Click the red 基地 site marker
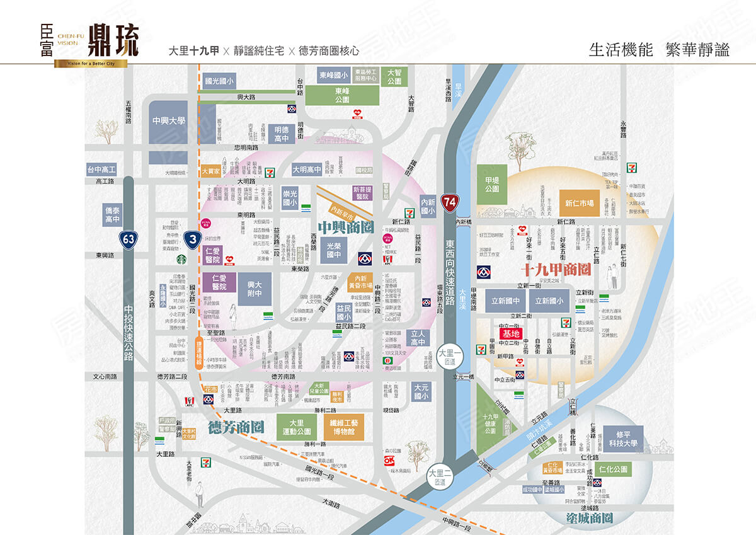[510, 333]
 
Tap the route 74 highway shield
[449, 202]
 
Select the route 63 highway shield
[129, 239]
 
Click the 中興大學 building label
[169, 120]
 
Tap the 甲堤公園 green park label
[492, 184]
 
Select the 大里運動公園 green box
[297, 427]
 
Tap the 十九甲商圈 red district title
[556, 270]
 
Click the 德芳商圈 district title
[235, 427]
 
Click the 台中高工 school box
[101, 170]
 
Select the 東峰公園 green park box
[342, 95]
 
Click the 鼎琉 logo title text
[113, 40]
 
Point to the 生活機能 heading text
[621, 50]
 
